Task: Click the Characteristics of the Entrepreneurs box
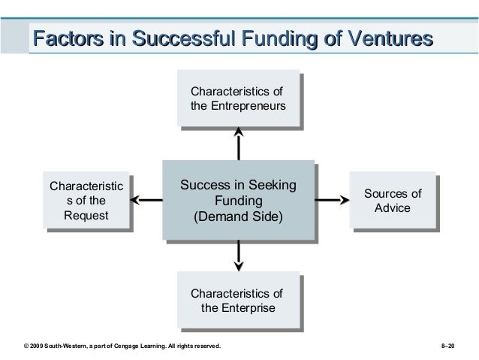[237, 99]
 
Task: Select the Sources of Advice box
[392, 200]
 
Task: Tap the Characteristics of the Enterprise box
[237, 301]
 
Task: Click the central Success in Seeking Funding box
[237, 201]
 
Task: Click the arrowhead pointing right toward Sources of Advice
[342, 201]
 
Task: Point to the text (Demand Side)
[238, 218]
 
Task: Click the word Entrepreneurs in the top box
[248, 107]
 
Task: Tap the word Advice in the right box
[392, 207]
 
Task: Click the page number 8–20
[453, 346]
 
